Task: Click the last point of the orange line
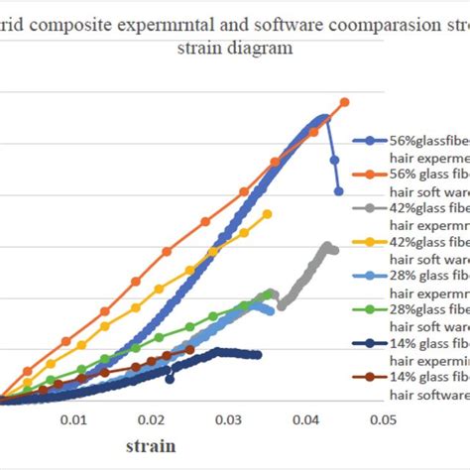coord(345,102)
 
